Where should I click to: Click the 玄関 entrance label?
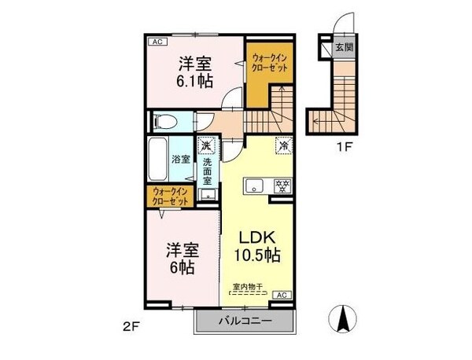(344, 48)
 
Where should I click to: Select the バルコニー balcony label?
(245, 322)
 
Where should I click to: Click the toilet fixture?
(164, 122)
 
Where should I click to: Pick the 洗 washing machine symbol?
(205, 145)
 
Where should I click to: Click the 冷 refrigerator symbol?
(282, 146)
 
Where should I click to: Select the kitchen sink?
(254, 186)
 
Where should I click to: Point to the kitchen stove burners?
(280, 186)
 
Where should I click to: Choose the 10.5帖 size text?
(255, 255)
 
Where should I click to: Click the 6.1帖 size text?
(193, 79)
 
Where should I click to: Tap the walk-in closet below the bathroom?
(169, 197)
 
